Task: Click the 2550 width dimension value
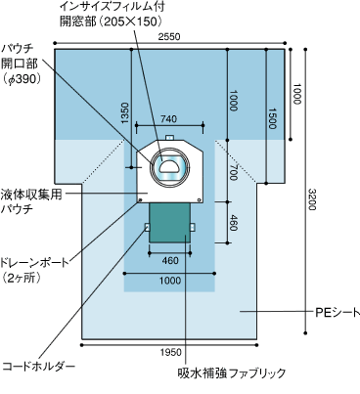(x=169, y=36)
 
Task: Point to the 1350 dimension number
(x=125, y=113)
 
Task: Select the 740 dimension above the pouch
(x=169, y=119)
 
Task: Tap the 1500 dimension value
(x=272, y=118)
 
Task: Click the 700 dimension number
(x=233, y=172)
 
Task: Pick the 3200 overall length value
(x=312, y=199)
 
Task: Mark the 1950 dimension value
(x=170, y=352)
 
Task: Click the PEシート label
(x=337, y=313)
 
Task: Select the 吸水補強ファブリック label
(x=232, y=372)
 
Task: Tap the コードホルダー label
(x=39, y=367)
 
